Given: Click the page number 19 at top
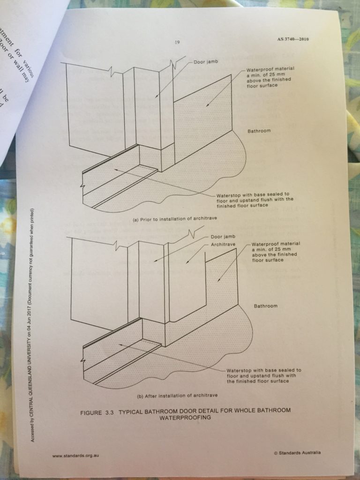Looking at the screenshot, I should [178, 42].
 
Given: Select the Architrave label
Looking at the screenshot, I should [223, 244].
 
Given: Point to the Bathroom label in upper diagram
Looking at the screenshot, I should [259, 131].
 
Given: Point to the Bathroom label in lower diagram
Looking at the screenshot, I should [266, 306].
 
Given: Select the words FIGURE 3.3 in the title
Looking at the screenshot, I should [97, 411].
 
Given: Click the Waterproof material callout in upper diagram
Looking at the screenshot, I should [270, 77].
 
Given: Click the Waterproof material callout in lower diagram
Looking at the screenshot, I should [275, 252].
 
